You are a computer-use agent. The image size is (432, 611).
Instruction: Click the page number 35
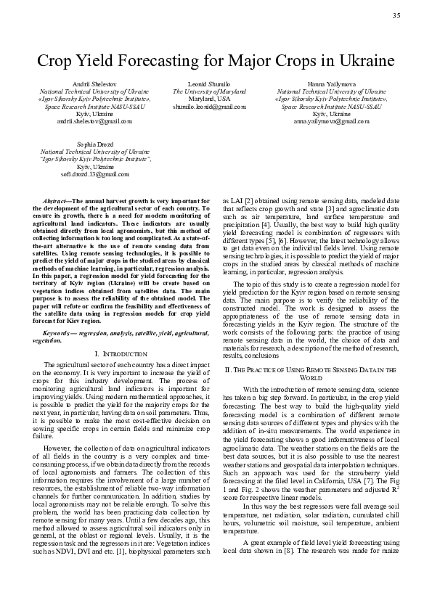click(x=396, y=16)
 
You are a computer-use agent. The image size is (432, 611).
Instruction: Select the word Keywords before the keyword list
click(x=60, y=332)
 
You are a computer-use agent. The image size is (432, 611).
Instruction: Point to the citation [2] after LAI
click(x=248, y=199)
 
